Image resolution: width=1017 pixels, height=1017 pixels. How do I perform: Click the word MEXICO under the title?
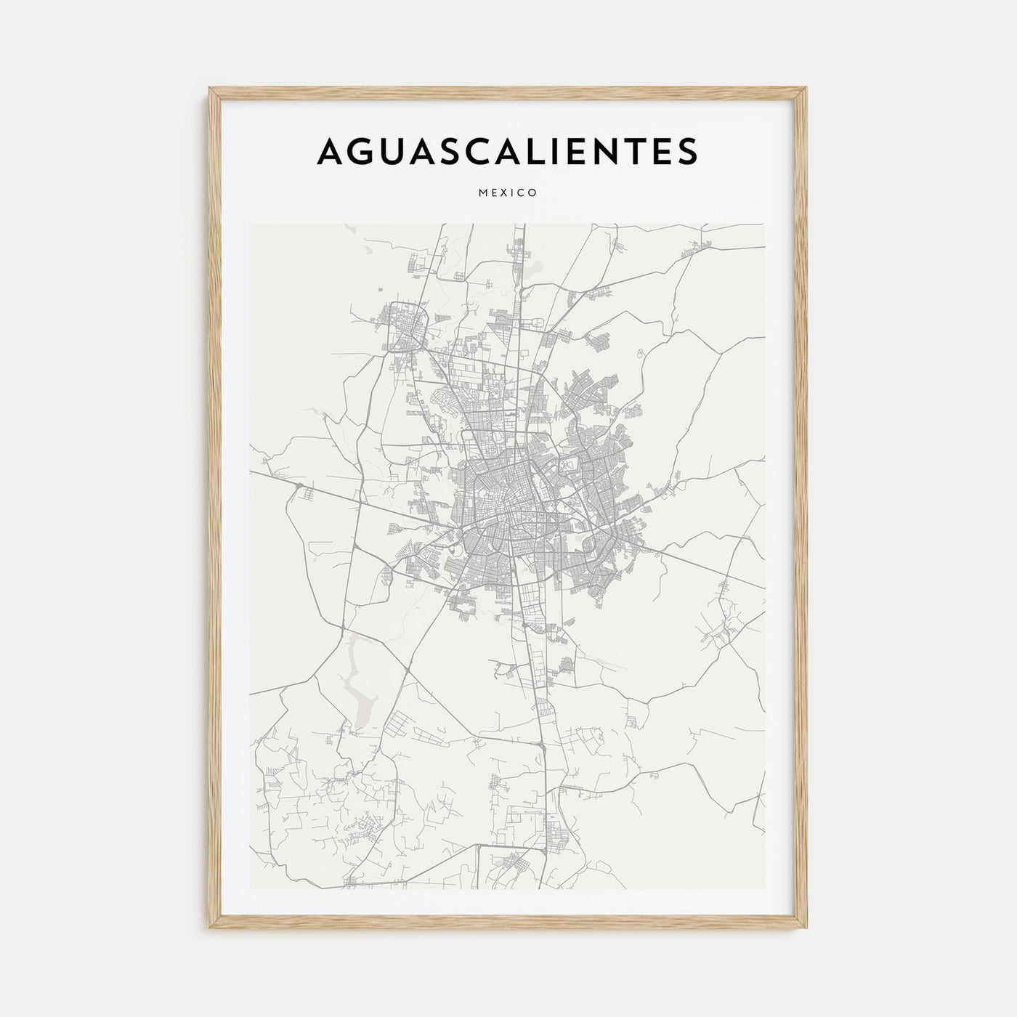[508, 193]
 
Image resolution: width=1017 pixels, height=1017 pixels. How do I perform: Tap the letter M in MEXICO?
[483, 193]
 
